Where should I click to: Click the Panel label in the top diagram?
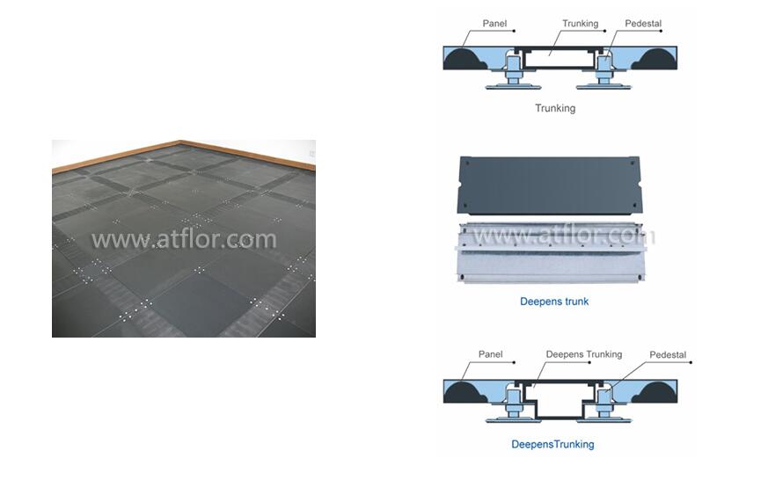coord(494,24)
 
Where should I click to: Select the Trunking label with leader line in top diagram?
coord(580,24)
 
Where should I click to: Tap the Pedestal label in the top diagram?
coord(642,24)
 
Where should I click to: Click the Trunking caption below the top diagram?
coord(555,108)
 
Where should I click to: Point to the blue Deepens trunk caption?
coord(554,302)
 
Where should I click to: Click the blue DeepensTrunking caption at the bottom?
coord(552,444)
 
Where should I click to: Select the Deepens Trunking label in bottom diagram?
coord(584,354)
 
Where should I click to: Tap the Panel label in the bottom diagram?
coord(490,354)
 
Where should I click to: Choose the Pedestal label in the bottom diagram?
coord(668,355)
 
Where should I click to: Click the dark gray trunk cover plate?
coord(549,185)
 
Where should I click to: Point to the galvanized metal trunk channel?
coord(551,253)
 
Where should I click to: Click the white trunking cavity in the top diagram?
coord(559,59)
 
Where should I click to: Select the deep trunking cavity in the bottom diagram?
coord(559,400)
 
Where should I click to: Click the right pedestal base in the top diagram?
coord(603,87)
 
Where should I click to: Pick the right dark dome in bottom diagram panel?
coord(655,392)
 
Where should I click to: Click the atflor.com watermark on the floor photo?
coord(184,239)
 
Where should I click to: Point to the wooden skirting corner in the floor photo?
coord(180,142)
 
